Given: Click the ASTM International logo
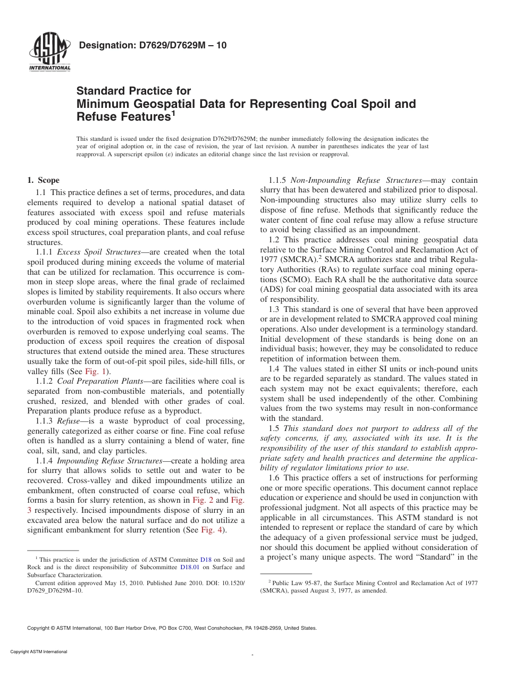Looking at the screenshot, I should point(49,52).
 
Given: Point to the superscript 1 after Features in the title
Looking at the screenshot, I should point(173,112).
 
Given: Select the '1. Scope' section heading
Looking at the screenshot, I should point(43,180).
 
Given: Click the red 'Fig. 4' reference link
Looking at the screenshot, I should point(212,530).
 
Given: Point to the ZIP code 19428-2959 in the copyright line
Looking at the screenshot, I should point(267,628).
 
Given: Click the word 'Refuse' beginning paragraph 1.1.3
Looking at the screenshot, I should point(68,420).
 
